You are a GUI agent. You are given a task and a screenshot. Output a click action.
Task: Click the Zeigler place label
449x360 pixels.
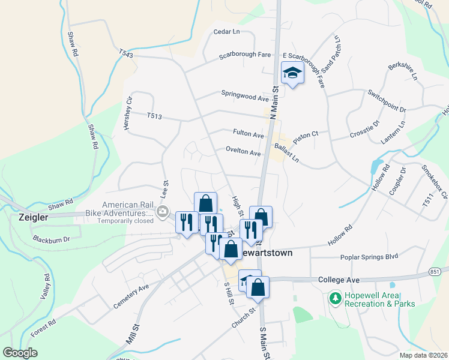33,217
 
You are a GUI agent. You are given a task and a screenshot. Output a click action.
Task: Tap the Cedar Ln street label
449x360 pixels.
226,31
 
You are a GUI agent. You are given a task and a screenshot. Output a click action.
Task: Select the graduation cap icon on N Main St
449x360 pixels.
292,73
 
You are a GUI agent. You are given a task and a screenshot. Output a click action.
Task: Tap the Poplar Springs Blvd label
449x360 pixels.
370,256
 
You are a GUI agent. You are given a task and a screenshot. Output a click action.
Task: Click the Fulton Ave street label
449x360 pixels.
249,134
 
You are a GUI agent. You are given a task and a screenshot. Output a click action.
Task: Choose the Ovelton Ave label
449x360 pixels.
243,152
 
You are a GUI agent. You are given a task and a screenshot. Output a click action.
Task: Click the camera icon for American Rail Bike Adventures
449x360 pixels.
162,211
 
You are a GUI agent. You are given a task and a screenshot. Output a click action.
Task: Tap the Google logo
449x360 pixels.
20,353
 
